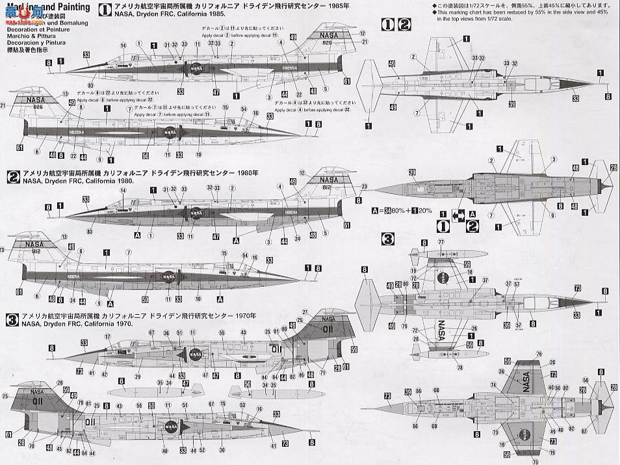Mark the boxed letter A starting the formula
[x=374, y=210]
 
